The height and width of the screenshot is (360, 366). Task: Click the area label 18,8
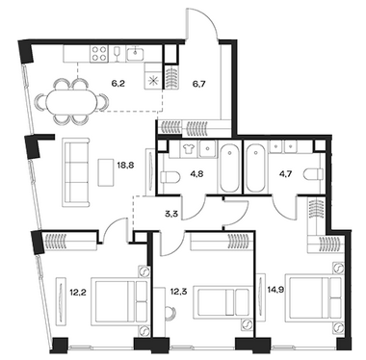(126, 166)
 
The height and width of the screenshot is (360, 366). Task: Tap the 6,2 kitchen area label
(118, 85)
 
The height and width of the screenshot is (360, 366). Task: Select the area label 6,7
(198, 84)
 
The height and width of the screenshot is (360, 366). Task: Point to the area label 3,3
(171, 213)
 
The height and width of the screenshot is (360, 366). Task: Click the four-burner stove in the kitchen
(99, 54)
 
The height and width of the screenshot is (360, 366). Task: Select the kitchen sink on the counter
(137, 54)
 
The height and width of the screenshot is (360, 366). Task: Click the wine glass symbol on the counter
(117, 54)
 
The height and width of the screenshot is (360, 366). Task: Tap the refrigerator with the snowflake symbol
(154, 76)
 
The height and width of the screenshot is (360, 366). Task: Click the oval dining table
(70, 101)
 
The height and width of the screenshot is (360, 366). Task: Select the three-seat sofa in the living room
(77, 172)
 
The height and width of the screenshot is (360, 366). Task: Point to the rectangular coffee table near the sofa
(106, 172)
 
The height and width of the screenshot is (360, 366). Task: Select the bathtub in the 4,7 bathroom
(255, 167)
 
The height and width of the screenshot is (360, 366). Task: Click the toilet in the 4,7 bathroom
(314, 175)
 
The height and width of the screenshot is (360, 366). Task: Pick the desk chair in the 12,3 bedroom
(170, 312)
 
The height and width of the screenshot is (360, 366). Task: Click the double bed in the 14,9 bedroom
(315, 296)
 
